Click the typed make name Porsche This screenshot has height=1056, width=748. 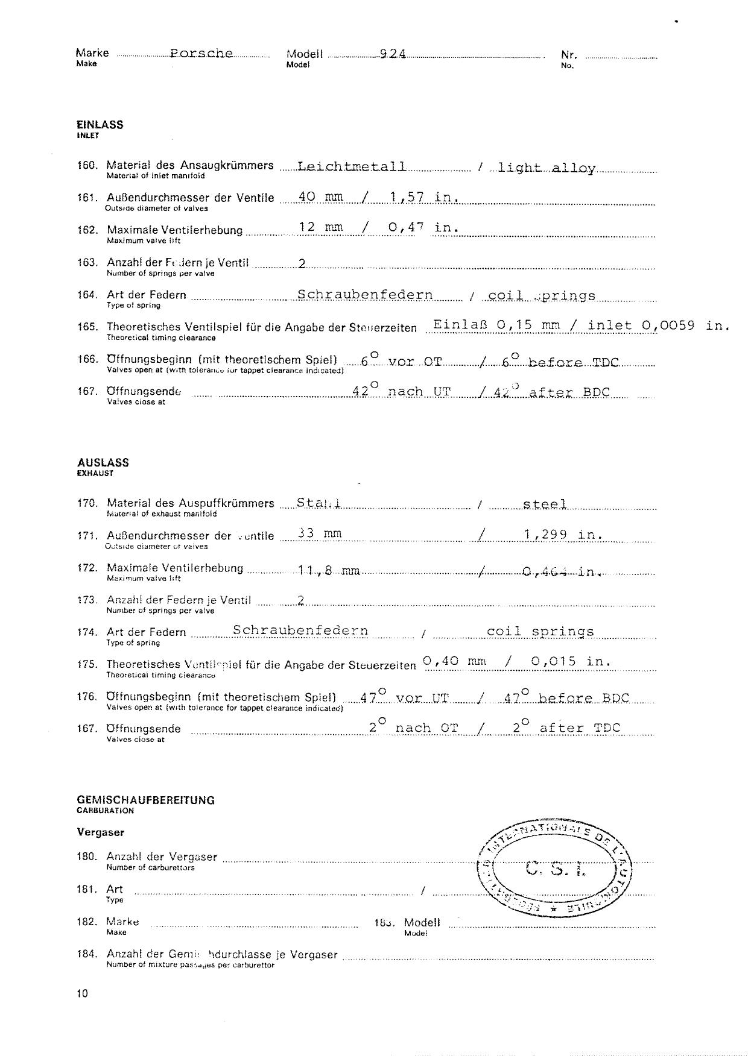(x=201, y=53)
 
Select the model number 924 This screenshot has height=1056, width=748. (x=393, y=54)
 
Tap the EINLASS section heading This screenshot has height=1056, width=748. (x=100, y=125)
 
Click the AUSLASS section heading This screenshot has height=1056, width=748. (x=103, y=462)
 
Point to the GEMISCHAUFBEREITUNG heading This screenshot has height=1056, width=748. (x=146, y=800)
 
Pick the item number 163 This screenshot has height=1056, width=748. (x=87, y=262)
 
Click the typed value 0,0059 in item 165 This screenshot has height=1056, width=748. (x=668, y=325)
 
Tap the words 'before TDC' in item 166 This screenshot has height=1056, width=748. (x=573, y=362)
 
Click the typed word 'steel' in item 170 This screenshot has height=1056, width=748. (x=545, y=503)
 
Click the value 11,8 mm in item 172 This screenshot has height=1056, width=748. (x=329, y=570)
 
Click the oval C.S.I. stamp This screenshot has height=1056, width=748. (x=555, y=868)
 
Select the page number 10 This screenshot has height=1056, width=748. (x=82, y=993)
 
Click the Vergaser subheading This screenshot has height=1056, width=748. (x=101, y=832)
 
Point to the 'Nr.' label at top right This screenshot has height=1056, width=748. (x=569, y=55)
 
